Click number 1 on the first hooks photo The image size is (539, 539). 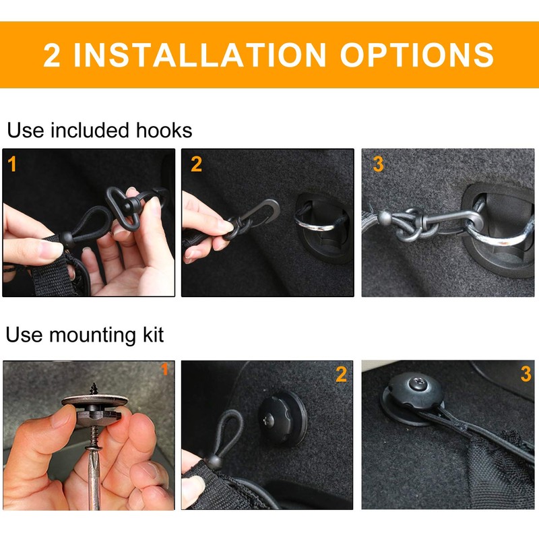pos(13,164)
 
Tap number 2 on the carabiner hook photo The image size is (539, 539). pos(196,164)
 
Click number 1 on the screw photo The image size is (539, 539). pos(164,369)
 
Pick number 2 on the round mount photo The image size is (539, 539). pos(342,375)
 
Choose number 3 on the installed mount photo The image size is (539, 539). pos(526,375)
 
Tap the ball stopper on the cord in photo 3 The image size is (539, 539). pos(385,218)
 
